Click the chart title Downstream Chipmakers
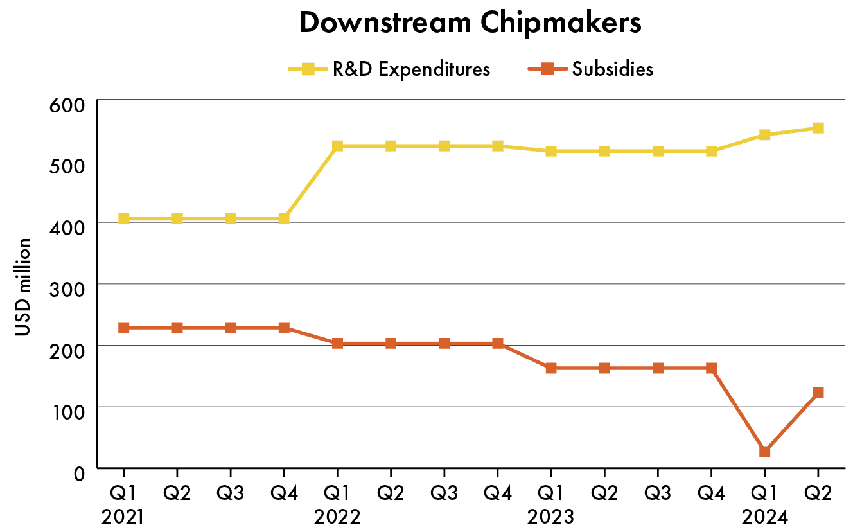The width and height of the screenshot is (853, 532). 470,23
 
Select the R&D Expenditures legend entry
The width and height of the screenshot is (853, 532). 389,69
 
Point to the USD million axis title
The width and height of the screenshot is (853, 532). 22,287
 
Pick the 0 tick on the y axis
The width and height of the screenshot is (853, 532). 79,474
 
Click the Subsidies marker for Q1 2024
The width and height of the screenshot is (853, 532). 764,452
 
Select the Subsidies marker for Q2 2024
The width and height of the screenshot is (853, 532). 818,393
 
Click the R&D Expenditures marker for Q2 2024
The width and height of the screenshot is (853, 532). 818,128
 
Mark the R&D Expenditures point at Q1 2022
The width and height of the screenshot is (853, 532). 337,146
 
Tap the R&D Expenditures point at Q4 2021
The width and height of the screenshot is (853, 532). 284,219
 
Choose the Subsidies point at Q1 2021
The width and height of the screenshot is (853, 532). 124,328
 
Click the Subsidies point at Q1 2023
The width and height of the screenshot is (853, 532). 550,368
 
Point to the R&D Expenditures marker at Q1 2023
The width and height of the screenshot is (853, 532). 550,152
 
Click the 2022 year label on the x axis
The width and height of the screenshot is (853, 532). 337,517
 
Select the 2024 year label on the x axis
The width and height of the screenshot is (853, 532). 764,517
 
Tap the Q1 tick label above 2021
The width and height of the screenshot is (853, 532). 124,493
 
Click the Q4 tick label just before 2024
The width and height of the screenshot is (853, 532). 711,493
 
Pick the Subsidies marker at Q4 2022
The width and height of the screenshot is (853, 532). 497,344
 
